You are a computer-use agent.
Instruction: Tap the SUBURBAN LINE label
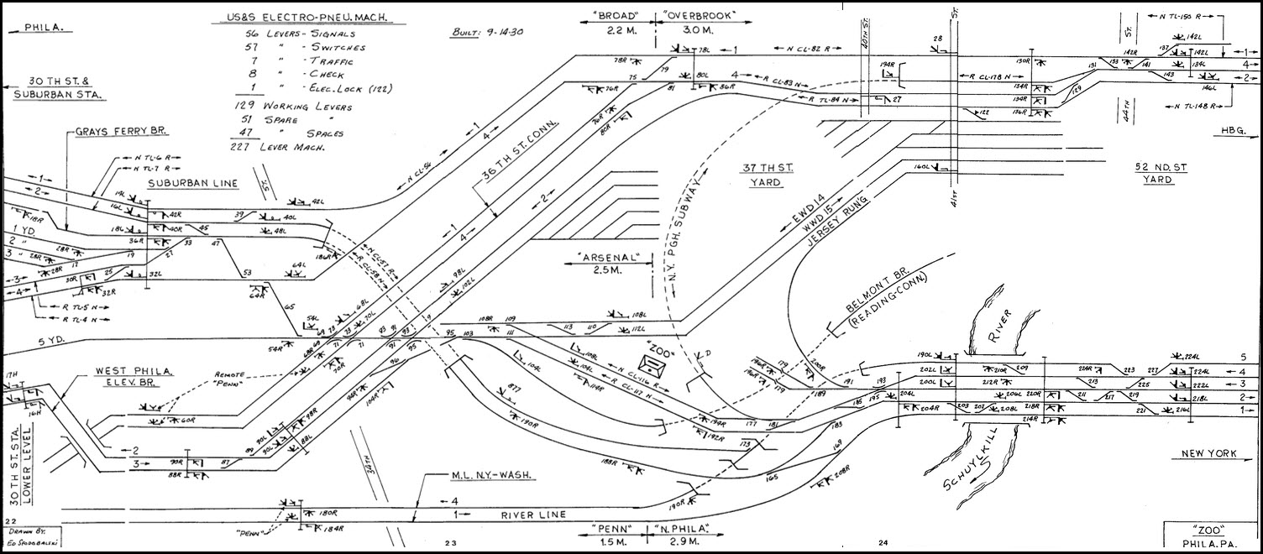(x=192, y=183)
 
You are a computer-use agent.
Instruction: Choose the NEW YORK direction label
(x=1209, y=454)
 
